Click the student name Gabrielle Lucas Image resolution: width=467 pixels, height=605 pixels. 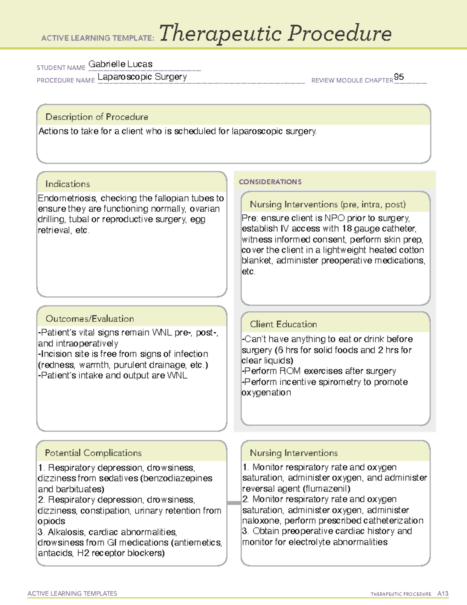pyautogui.click(x=120, y=64)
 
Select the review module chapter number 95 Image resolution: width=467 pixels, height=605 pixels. pyautogui.click(x=399, y=77)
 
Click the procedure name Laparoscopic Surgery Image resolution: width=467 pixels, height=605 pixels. pyautogui.click(x=142, y=77)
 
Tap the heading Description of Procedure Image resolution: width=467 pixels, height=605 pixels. pyautogui.click(x=97, y=117)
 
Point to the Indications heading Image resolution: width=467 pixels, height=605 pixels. pyautogui.click(x=67, y=184)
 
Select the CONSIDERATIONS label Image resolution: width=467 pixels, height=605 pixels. pyautogui.click(x=270, y=182)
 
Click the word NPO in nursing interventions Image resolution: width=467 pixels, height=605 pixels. pyautogui.click(x=334, y=218)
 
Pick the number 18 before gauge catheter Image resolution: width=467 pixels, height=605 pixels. pyautogui.click(x=347, y=229)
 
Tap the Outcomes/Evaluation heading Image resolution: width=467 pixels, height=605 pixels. pyautogui.click(x=90, y=319)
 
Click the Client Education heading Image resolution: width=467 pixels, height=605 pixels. pyautogui.click(x=283, y=324)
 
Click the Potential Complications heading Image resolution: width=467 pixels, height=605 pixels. pyautogui.click(x=93, y=453)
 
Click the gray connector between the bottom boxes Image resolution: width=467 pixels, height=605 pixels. pyautogui.click(x=233, y=503)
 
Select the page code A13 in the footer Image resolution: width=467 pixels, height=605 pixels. pyautogui.click(x=442, y=594)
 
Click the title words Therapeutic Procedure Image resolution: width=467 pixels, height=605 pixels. pyautogui.click(x=275, y=34)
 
